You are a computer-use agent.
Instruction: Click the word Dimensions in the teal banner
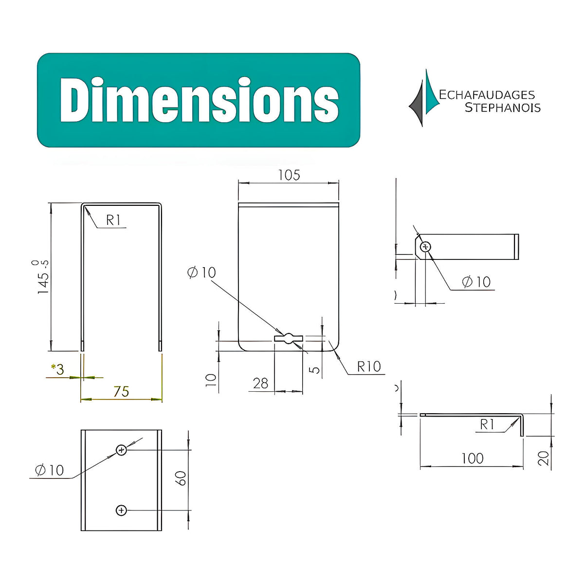pyautogui.click(x=199, y=100)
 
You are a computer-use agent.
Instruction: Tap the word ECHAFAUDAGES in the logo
pyautogui.click(x=487, y=95)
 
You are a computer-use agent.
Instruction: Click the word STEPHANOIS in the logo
pyautogui.click(x=503, y=108)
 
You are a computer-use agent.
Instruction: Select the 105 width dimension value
pyautogui.click(x=289, y=175)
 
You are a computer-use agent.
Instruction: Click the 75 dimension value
pyautogui.click(x=121, y=392)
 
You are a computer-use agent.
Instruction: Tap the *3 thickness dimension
pyautogui.click(x=57, y=369)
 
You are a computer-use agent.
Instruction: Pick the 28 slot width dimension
pyautogui.click(x=260, y=383)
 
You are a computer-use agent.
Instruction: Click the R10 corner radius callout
pyautogui.click(x=369, y=367)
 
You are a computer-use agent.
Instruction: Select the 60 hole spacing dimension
pyautogui.click(x=181, y=478)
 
